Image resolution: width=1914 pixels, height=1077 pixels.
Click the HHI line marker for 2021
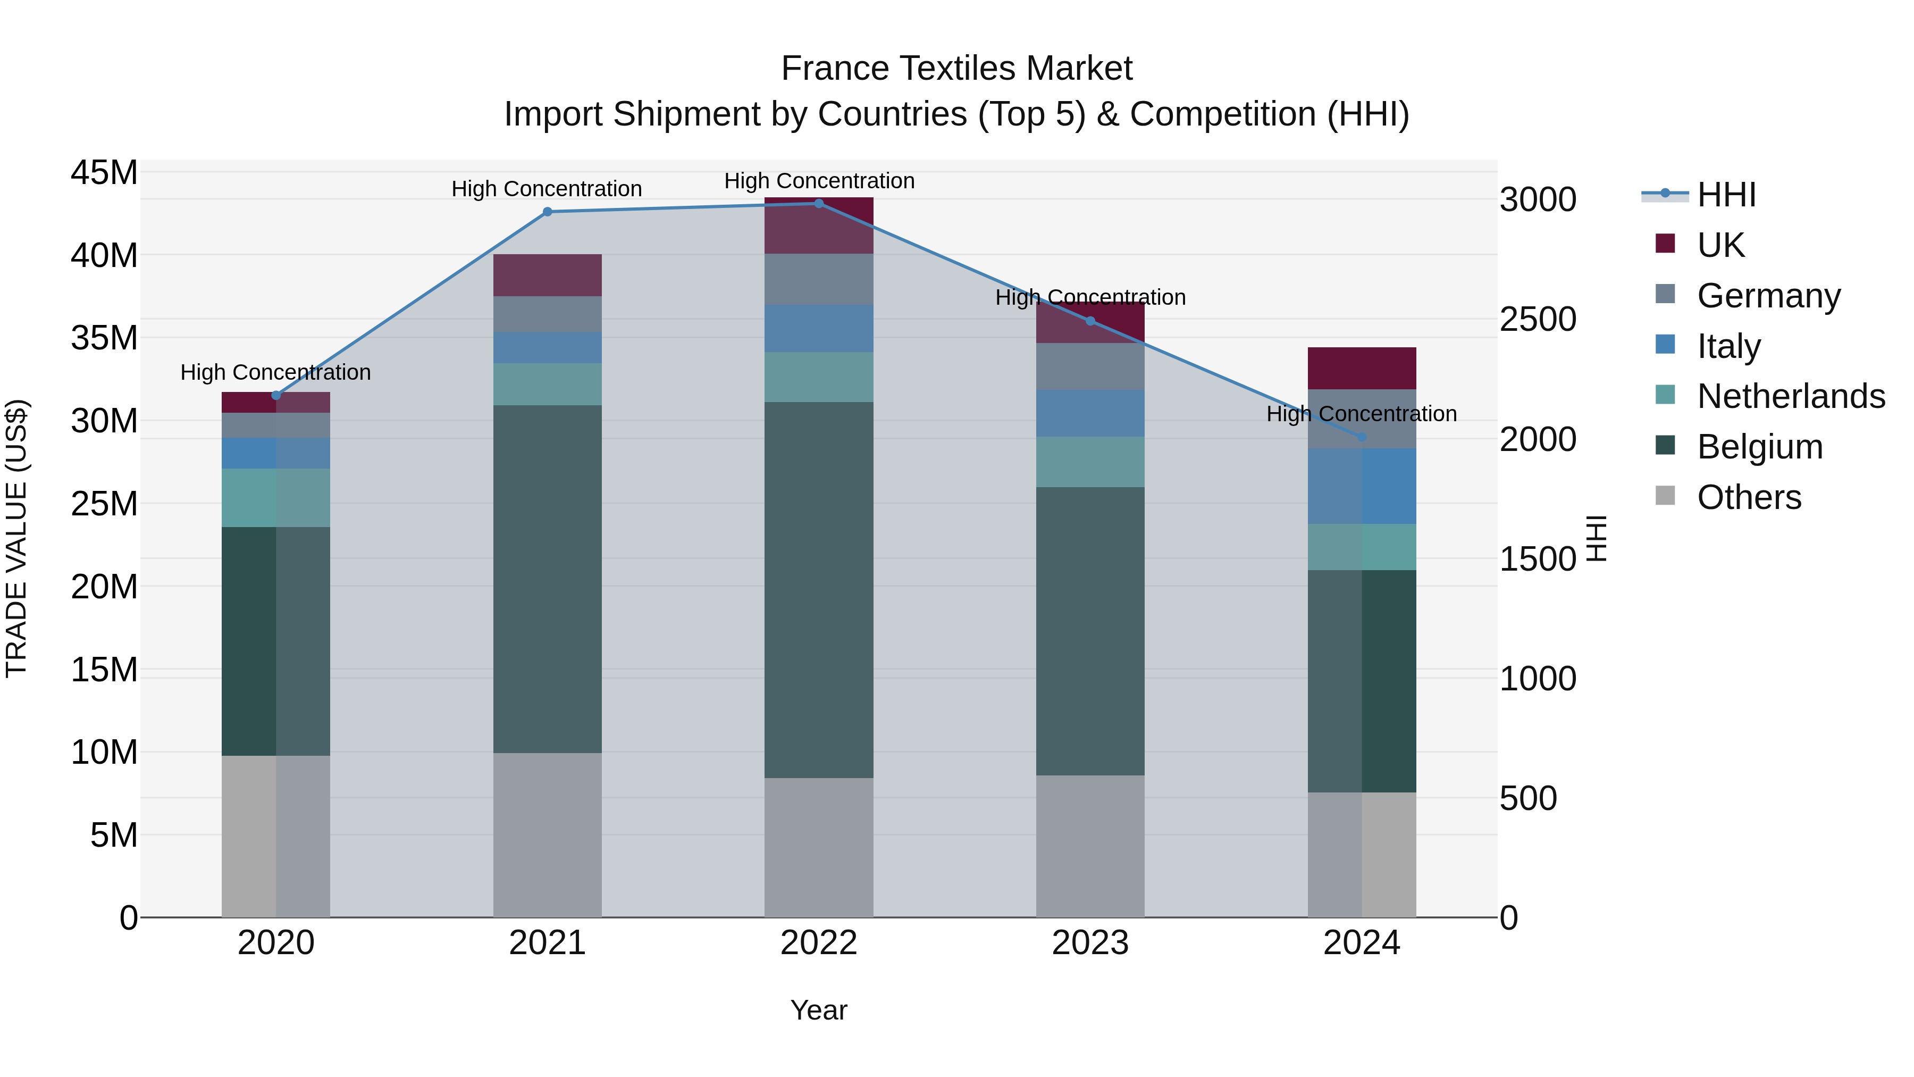[548, 212]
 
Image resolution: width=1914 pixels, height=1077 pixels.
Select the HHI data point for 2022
[819, 204]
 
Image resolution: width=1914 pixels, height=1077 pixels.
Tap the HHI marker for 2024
[1362, 437]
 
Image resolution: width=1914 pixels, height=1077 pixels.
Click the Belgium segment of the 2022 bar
[819, 590]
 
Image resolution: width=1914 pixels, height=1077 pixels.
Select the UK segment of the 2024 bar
[1362, 369]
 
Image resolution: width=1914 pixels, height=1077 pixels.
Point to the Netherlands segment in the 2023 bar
[1090, 462]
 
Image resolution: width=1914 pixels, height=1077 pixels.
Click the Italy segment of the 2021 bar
[548, 348]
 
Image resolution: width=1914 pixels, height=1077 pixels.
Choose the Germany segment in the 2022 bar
[819, 279]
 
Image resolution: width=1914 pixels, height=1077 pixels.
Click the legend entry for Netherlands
[1791, 396]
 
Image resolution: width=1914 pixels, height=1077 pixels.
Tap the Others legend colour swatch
[1666, 496]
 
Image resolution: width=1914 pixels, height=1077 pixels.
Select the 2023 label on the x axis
[1090, 943]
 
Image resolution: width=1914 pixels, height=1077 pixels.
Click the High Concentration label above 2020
[275, 372]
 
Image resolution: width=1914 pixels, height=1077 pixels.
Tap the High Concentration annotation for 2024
[1362, 414]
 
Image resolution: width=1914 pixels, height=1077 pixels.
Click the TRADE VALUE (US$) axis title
[16, 538]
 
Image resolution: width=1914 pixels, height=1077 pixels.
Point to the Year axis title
[819, 1010]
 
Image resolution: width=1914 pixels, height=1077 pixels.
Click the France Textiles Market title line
[956, 69]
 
